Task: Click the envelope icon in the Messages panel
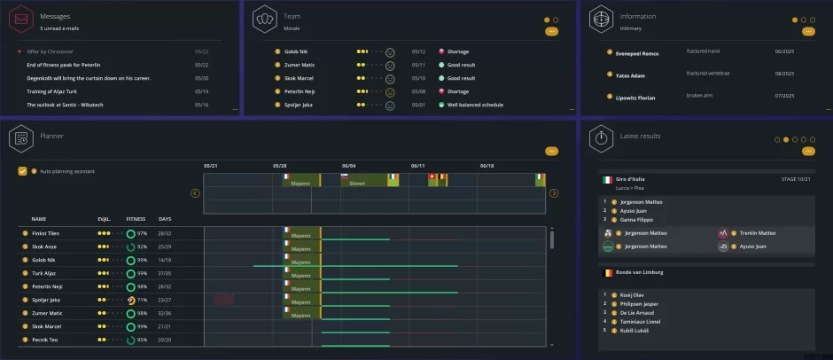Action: [x=22, y=18]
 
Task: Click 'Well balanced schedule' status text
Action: [x=475, y=105]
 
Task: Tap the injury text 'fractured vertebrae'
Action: [x=709, y=73]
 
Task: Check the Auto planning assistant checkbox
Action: [x=22, y=171]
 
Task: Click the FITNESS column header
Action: [x=136, y=218]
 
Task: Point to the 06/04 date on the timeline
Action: [x=349, y=166]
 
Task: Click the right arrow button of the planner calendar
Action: [x=554, y=193]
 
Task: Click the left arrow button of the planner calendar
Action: [x=196, y=193]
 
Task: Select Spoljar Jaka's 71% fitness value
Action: [x=142, y=300]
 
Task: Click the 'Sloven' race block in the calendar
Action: [x=357, y=183]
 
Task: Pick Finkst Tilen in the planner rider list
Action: [x=45, y=233]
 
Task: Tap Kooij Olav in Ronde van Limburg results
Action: [x=631, y=294]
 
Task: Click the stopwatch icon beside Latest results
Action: [x=602, y=137]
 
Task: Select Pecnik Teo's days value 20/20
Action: [x=164, y=340]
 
